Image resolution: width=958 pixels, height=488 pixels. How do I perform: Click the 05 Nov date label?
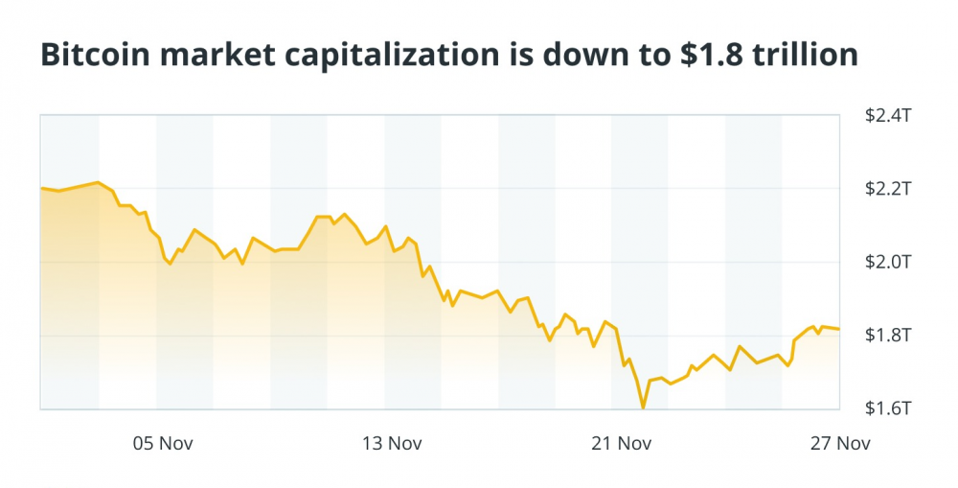(159, 443)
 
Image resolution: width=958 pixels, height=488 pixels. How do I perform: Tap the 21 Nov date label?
(621, 443)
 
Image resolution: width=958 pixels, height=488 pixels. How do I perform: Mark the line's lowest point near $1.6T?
(643, 407)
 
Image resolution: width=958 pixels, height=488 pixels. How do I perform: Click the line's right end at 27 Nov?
(839, 329)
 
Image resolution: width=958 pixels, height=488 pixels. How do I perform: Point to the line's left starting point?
(41, 188)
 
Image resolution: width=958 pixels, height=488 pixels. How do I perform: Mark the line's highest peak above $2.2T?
(98, 181)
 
